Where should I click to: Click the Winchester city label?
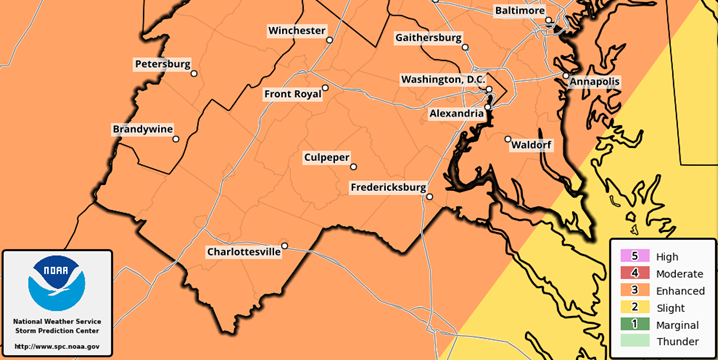pyautogui.click(x=296, y=31)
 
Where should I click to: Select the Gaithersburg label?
pyautogui.click(x=429, y=38)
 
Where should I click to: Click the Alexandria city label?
pyautogui.click(x=456, y=114)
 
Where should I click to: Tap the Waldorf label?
pyautogui.click(x=532, y=145)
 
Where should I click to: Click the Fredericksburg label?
pyautogui.click(x=388, y=188)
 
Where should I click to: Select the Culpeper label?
pyautogui.click(x=327, y=158)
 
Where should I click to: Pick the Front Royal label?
pyautogui.click(x=292, y=95)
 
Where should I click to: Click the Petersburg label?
pyautogui.click(x=162, y=64)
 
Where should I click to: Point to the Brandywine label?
pyautogui.click(x=141, y=130)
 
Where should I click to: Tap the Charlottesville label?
pyautogui.click(x=243, y=252)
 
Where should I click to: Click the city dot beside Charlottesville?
pyautogui.click(x=285, y=246)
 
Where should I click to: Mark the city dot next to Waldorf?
pyautogui.click(x=508, y=139)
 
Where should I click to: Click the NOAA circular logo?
pyautogui.click(x=56, y=283)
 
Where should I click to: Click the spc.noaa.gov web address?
pyautogui.click(x=56, y=346)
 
